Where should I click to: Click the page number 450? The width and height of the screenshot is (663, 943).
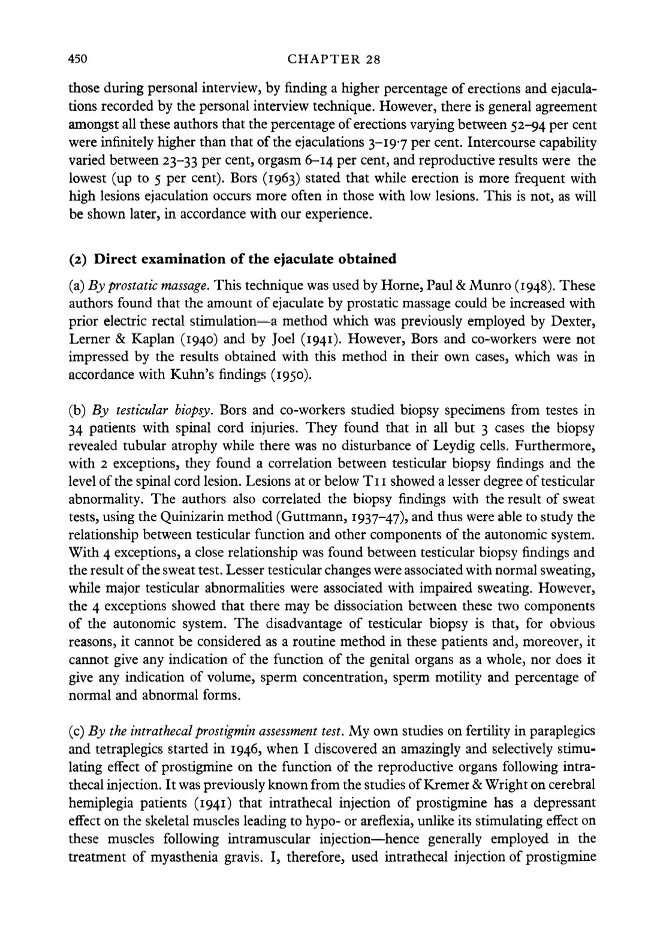click(79, 59)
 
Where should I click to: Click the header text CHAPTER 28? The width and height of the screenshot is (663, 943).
click(334, 59)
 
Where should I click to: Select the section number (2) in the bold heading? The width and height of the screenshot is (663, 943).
click(79, 259)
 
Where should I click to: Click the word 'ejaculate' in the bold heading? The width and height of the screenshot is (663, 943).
click(303, 259)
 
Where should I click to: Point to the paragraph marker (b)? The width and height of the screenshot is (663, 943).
click(77, 410)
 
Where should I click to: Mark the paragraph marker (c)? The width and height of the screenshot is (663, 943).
click(77, 731)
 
